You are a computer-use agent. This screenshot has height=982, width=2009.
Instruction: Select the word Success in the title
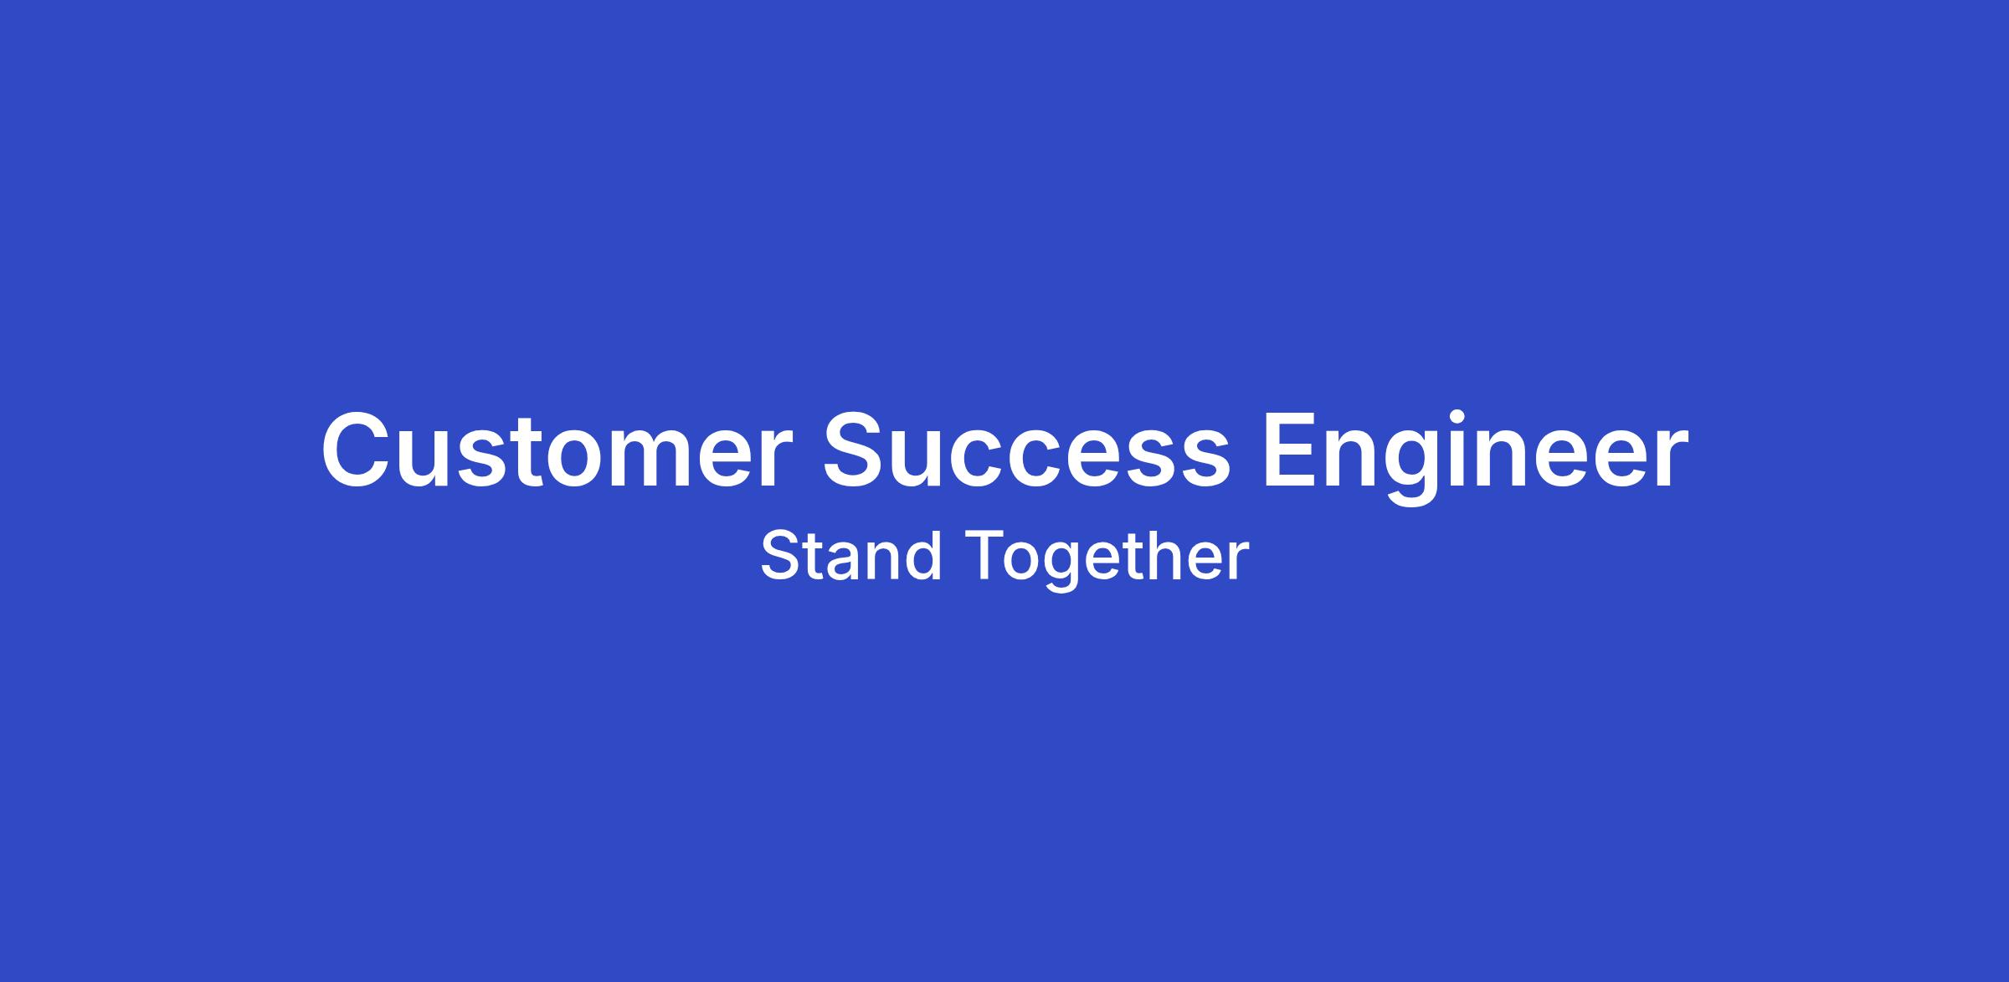pyautogui.click(x=1027, y=450)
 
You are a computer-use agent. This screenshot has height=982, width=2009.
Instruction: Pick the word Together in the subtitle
pyautogui.click(x=1109, y=560)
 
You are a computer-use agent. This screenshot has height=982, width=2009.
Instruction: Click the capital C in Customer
pyautogui.click(x=357, y=450)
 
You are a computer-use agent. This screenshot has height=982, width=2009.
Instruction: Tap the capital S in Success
pyautogui.click(x=857, y=450)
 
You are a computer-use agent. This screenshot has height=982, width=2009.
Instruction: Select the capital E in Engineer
pyautogui.click(x=1290, y=450)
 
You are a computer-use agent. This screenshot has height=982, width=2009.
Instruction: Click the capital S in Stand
pyautogui.click(x=780, y=556)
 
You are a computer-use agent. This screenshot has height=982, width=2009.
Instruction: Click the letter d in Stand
pyautogui.click(x=924, y=556)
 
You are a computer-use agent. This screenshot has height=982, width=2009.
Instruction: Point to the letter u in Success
pyautogui.click(x=928, y=460)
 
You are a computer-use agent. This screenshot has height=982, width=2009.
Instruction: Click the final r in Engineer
pyautogui.click(x=1669, y=459)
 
